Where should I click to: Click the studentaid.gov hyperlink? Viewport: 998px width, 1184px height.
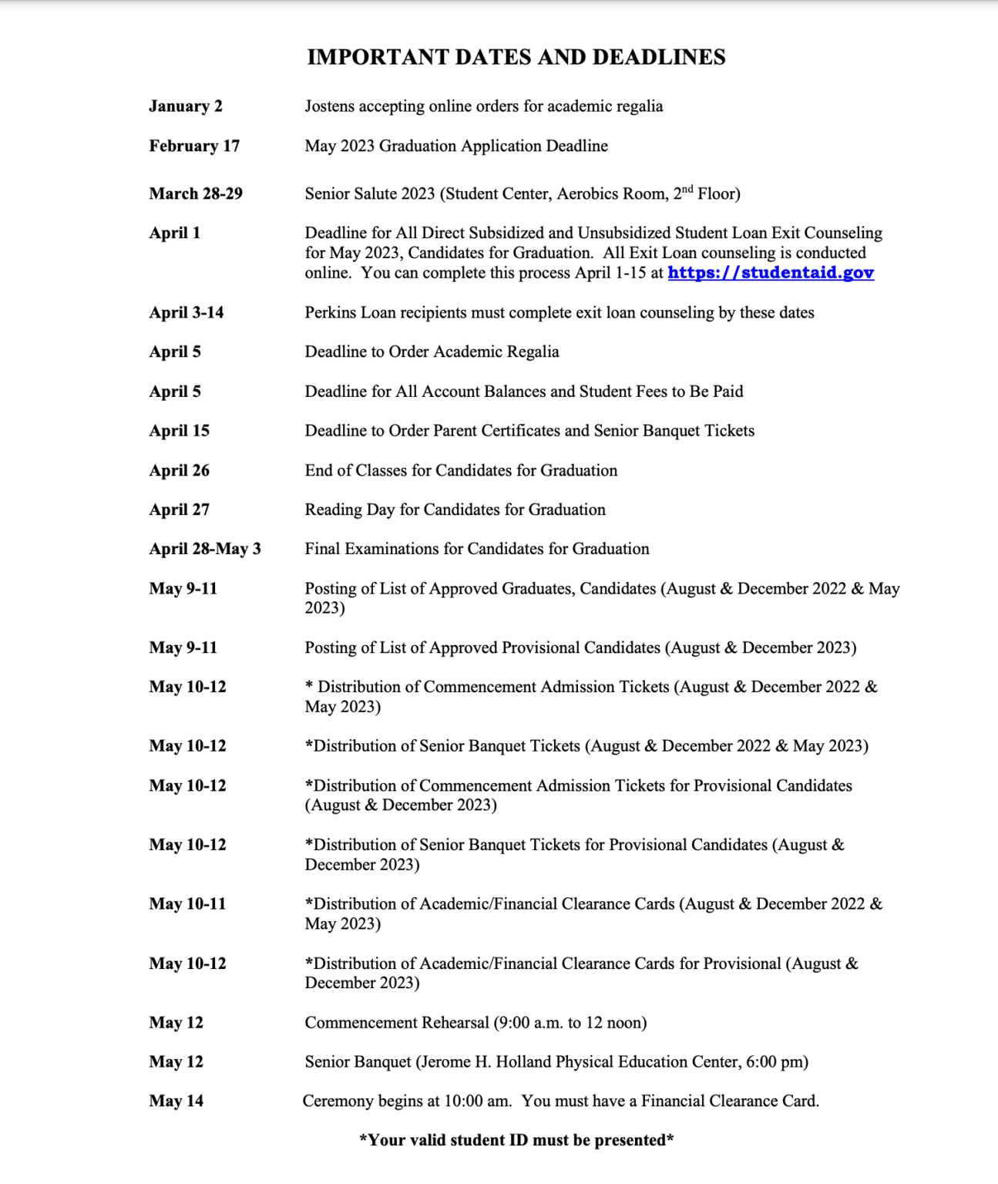771,273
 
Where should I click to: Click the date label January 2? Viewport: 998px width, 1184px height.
186,106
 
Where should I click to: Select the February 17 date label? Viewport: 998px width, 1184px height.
194,146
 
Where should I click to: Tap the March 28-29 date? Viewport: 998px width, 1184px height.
196,193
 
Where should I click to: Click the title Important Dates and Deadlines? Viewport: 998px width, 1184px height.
516,57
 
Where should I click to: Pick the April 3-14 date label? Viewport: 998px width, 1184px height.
186,313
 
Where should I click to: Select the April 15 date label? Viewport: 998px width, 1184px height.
180,431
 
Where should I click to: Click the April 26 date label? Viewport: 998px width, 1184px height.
180,470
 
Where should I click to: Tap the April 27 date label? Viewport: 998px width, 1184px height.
180,510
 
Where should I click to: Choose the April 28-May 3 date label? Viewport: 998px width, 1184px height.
205,549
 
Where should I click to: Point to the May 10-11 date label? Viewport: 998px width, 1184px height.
188,904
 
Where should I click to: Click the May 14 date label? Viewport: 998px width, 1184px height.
176,1102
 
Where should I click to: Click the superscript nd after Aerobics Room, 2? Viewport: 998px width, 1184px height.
687,189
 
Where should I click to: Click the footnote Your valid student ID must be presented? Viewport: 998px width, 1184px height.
516,1141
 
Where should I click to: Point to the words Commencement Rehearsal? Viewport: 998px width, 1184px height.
397,1023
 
